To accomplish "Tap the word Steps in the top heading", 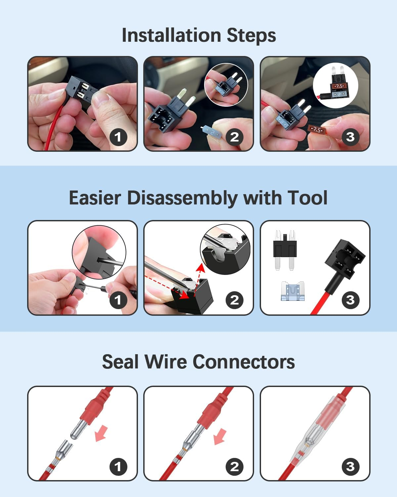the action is pos(251,36).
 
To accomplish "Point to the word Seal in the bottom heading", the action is pos(120,362).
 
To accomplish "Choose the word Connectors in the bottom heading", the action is pos(243,362).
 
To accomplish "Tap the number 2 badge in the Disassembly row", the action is pos(234,300).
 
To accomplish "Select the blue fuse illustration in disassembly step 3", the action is pos(292,291).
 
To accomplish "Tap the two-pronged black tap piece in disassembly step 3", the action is pos(285,250).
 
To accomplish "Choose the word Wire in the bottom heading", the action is pos(165,362).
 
